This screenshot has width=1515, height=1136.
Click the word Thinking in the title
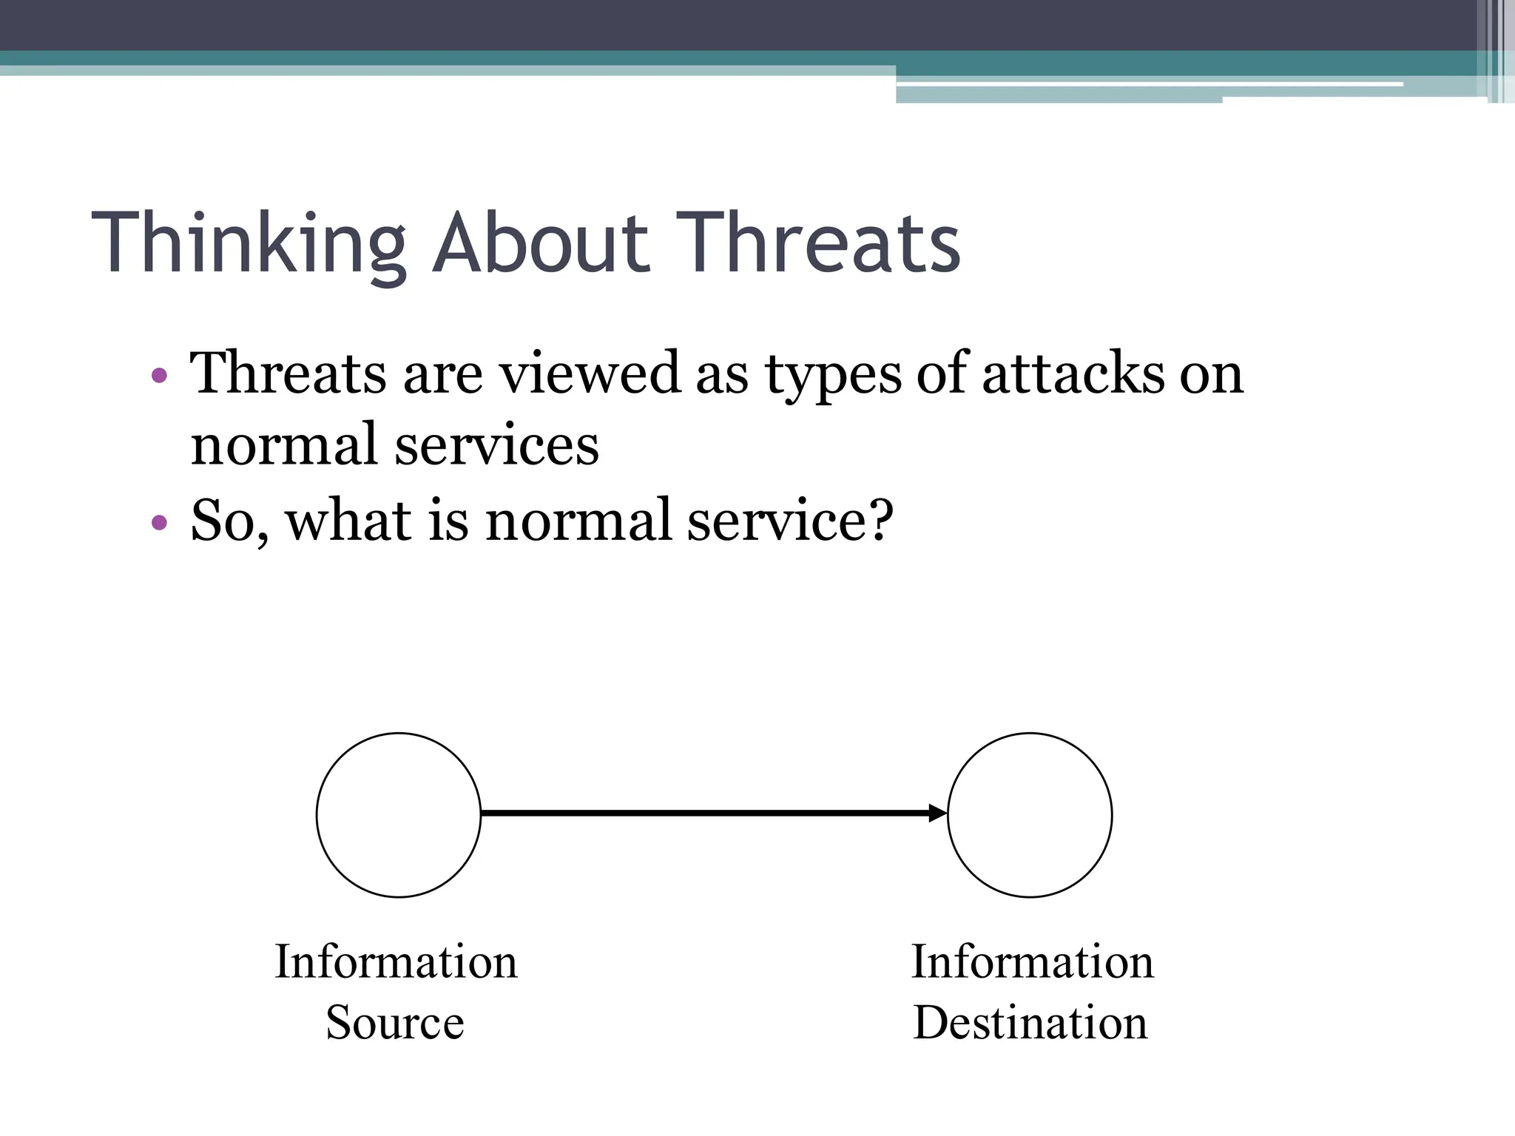pyautogui.click(x=249, y=244)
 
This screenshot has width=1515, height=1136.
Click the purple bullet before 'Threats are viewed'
pyautogui.click(x=158, y=376)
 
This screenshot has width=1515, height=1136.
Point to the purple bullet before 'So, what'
pyautogui.click(x=158, y=523)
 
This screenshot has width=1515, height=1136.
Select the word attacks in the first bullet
pyautogui.click(x=1073, y=373)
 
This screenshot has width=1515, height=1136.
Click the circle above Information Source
pyautogui.click(x=399, y=815)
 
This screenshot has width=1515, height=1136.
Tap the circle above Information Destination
pyautogui.click(x=1030, y=815)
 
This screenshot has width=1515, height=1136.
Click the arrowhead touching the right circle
pyautogui.click(x=938, y=814)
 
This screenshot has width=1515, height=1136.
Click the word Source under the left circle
pyautogui.click(x=395, y=1023)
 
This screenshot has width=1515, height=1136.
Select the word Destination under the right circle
pyautogui.click(x=1030, y=1023)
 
